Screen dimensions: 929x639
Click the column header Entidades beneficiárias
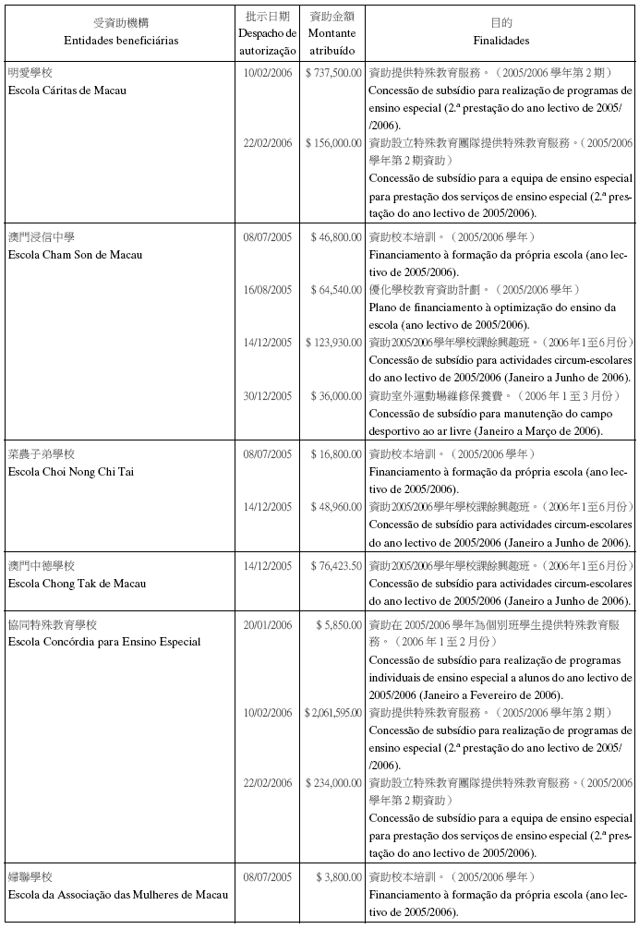121,41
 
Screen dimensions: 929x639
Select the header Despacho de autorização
267,42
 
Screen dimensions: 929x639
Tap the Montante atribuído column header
332,42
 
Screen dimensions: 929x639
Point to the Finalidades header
500,41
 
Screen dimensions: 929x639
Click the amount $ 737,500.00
332,72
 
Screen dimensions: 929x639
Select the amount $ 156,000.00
332,143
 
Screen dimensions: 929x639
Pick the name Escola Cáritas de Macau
66,90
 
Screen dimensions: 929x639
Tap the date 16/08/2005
267,289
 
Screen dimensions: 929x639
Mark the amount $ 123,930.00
333,342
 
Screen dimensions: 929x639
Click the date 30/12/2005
267,395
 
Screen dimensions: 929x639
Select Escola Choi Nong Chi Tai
70,471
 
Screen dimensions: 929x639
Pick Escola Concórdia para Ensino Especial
103,642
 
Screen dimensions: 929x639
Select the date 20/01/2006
267,624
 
